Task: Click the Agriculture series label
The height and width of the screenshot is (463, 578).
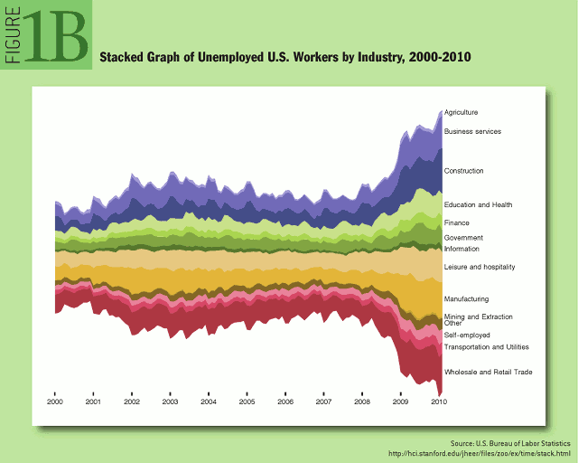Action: point(461,112)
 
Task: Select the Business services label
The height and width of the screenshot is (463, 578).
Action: point(472,131)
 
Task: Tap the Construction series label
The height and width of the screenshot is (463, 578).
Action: point(463,171)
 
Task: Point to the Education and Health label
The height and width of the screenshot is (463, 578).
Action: point(478,205)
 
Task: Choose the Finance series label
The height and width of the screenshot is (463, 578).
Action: point(457,223)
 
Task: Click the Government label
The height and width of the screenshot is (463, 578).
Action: point(463,238)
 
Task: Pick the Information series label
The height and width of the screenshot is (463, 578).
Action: point(461,249)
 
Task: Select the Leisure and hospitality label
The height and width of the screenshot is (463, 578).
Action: point(480,267)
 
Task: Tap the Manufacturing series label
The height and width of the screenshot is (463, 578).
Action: point(466,299)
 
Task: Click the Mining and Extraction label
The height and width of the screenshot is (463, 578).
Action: point(479,317)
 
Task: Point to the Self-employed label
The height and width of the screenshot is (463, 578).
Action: point(467,335)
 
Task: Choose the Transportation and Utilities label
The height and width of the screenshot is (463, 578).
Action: point(487,347)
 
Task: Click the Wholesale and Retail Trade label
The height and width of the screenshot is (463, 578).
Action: point(489,373)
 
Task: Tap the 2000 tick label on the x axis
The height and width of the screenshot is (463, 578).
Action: point(55,402)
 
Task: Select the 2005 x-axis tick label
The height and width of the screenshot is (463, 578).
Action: point(247,402)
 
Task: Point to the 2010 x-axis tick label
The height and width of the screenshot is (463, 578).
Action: point(439,402)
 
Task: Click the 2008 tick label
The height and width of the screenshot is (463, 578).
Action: point(362,402)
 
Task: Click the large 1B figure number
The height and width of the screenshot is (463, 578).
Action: point(56,36)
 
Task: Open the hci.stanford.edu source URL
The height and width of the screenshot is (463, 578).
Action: point(480,453)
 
